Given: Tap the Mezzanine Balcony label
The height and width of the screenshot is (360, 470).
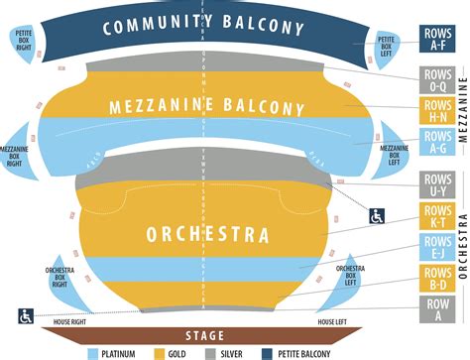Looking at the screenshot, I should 206,108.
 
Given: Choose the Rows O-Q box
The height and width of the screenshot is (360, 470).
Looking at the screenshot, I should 437,80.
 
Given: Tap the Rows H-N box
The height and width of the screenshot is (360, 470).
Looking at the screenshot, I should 437,112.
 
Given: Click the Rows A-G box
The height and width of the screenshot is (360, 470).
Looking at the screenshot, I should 437,144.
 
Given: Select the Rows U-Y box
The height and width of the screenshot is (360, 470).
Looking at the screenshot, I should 437,184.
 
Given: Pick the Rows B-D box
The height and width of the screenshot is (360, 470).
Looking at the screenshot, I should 437,279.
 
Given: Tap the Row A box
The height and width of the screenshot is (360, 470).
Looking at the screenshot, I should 437,310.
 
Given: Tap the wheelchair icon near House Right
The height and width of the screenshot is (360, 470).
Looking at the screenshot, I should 25,316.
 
